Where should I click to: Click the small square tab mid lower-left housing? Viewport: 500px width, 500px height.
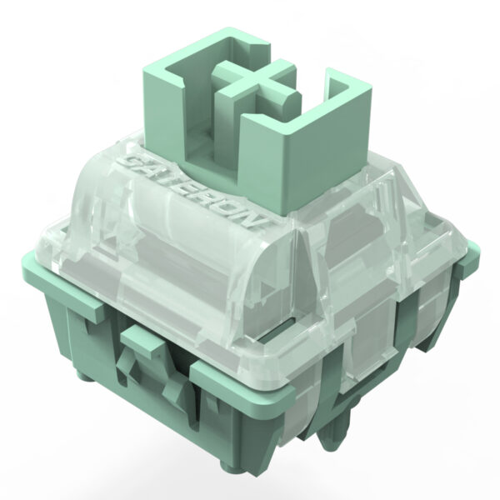point(143,341)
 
